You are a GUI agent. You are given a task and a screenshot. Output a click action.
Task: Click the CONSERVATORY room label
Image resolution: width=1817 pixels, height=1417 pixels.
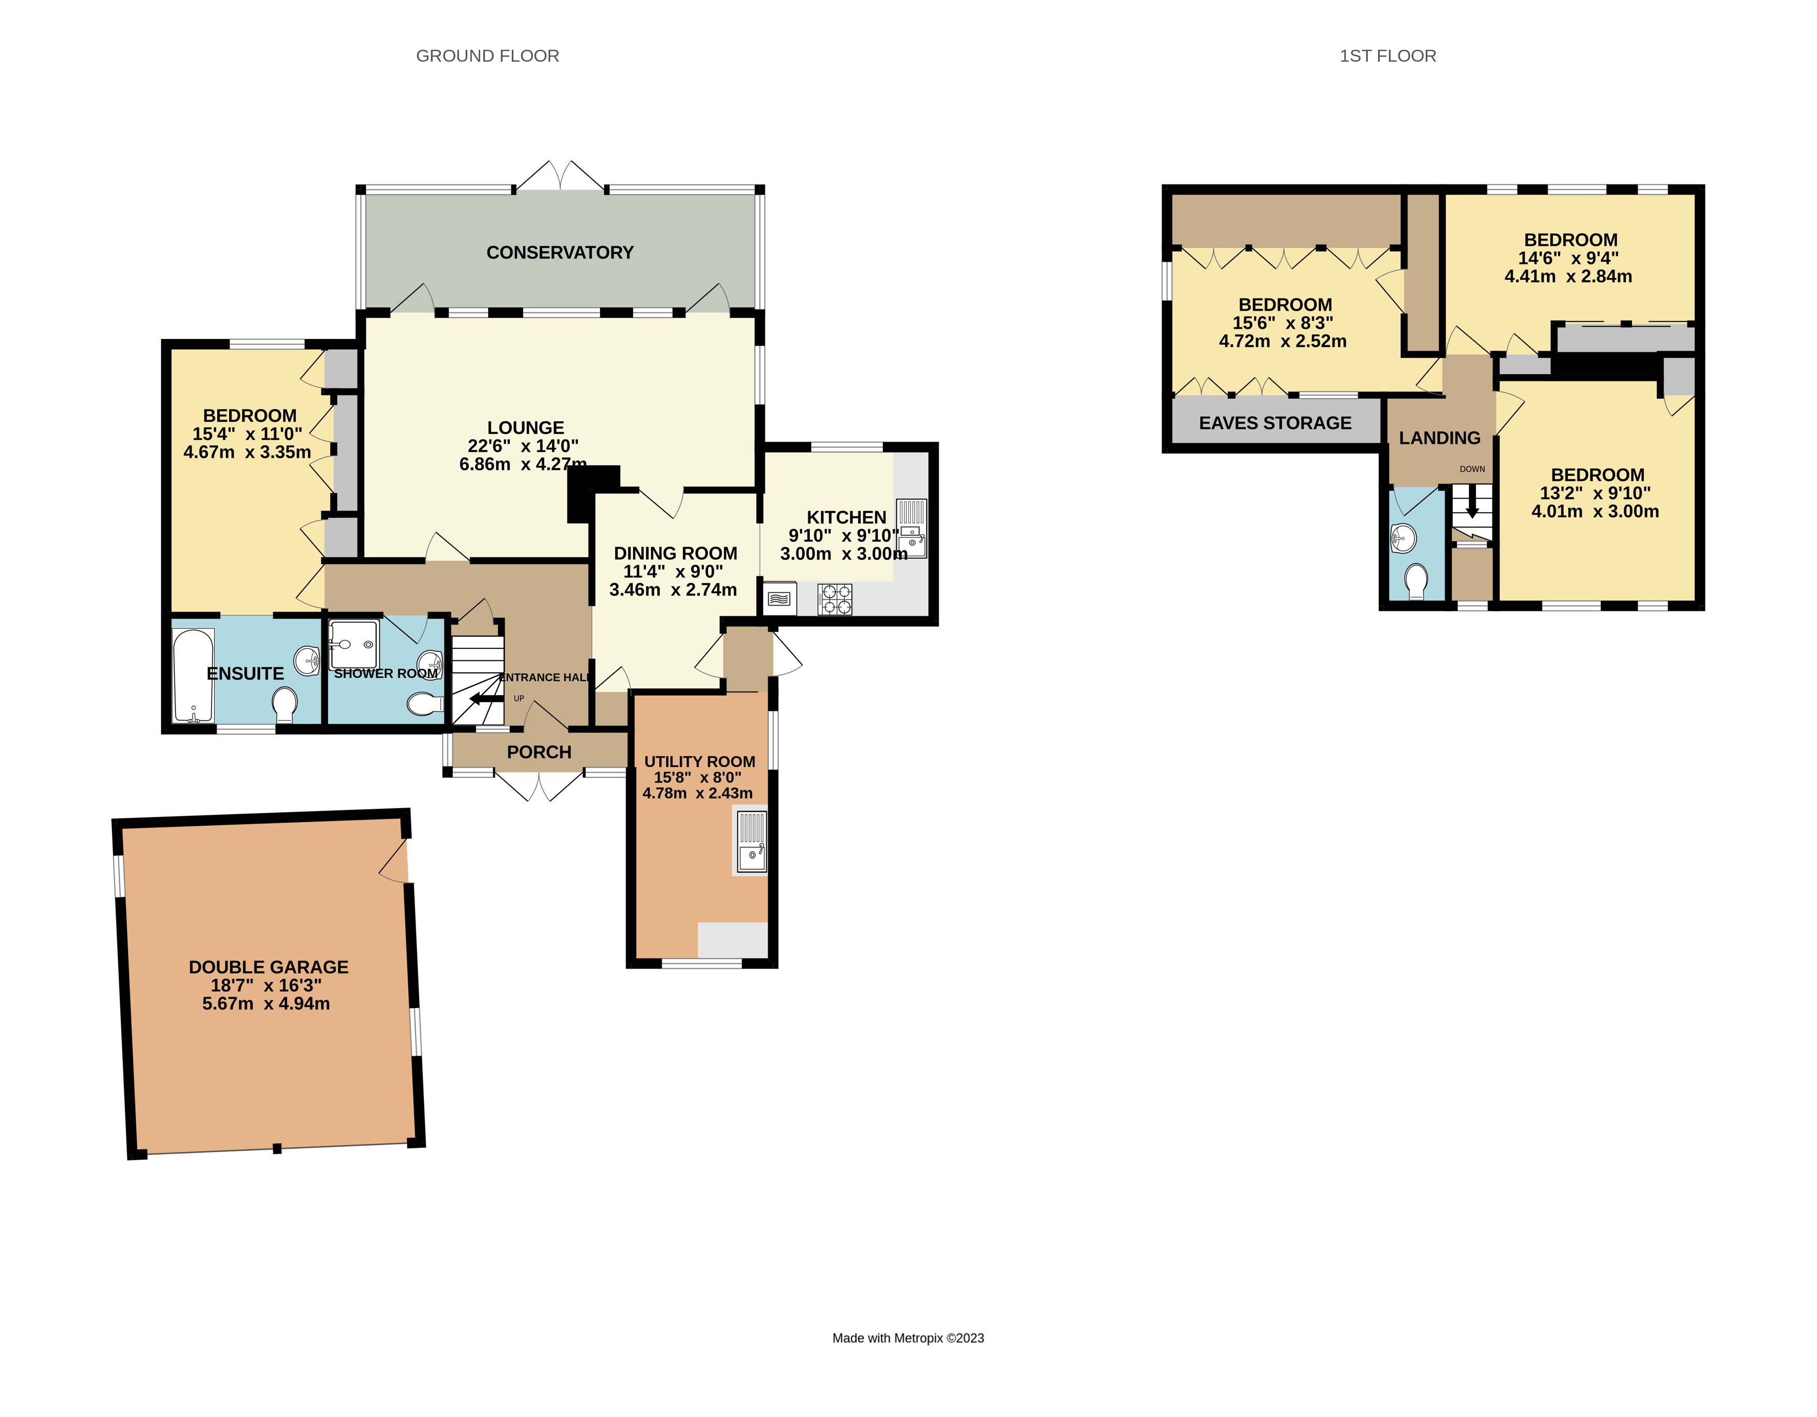point(560,252)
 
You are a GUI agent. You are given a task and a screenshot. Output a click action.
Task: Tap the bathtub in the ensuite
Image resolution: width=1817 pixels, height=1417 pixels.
point(193,676)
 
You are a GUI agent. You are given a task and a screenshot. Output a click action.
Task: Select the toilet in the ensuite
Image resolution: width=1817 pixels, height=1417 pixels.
point(284,704)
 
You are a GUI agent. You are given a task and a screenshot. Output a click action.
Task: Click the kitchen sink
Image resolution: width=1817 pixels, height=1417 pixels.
point(912,528)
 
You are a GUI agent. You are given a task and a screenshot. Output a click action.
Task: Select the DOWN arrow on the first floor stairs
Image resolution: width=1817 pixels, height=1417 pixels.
point(1472,502)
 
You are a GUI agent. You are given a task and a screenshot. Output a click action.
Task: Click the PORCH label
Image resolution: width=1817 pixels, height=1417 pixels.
point(539,752)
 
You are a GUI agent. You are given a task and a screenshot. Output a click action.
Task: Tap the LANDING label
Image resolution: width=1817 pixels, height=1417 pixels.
point(1439,437)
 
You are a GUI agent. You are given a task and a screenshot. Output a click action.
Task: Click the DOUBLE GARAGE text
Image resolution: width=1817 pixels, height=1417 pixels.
point(268,967)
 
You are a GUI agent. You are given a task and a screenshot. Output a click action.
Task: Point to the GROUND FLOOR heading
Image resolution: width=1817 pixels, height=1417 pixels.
point(488,56)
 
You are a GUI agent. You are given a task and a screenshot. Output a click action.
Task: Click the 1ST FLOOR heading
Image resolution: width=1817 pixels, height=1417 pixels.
point(1387,56)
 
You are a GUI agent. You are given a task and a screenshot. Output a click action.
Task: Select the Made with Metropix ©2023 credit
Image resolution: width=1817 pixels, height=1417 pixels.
point(908,1338)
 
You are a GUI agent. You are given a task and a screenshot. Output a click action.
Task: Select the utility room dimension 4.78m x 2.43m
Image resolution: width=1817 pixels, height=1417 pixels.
point(697,793)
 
